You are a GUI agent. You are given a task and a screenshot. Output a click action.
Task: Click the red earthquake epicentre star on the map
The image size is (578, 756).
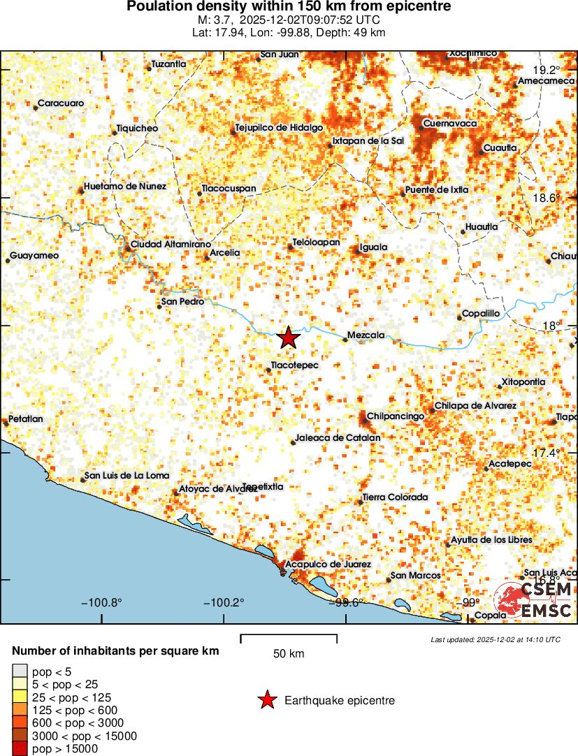(288, 338)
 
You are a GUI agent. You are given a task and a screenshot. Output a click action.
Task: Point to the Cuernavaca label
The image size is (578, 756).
(450, 124)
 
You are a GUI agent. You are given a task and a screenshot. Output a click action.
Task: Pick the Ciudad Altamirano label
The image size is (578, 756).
(171, 245)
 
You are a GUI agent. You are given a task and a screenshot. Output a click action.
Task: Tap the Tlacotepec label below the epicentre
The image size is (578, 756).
(294, 365)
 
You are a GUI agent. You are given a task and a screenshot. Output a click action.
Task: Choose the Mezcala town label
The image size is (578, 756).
(366, 335)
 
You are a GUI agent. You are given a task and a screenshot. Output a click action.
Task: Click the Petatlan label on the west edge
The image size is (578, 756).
(26, 419)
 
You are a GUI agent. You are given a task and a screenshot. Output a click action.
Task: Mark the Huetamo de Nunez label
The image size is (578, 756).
(124, 187)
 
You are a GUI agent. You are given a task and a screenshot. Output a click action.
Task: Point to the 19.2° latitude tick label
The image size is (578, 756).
(547, 70)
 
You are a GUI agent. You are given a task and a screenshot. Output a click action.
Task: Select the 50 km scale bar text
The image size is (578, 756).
(289, 654)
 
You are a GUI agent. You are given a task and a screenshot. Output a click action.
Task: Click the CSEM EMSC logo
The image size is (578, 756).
(534, 600)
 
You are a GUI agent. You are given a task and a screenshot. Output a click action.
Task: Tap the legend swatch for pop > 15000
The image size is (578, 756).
(20, 749)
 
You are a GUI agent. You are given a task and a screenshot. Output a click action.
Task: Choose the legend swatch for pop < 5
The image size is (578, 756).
(20, 672)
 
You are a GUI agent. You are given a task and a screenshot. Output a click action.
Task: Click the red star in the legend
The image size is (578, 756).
(266, 700)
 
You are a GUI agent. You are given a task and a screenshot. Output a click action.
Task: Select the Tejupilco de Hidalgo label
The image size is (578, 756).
(278, 128)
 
